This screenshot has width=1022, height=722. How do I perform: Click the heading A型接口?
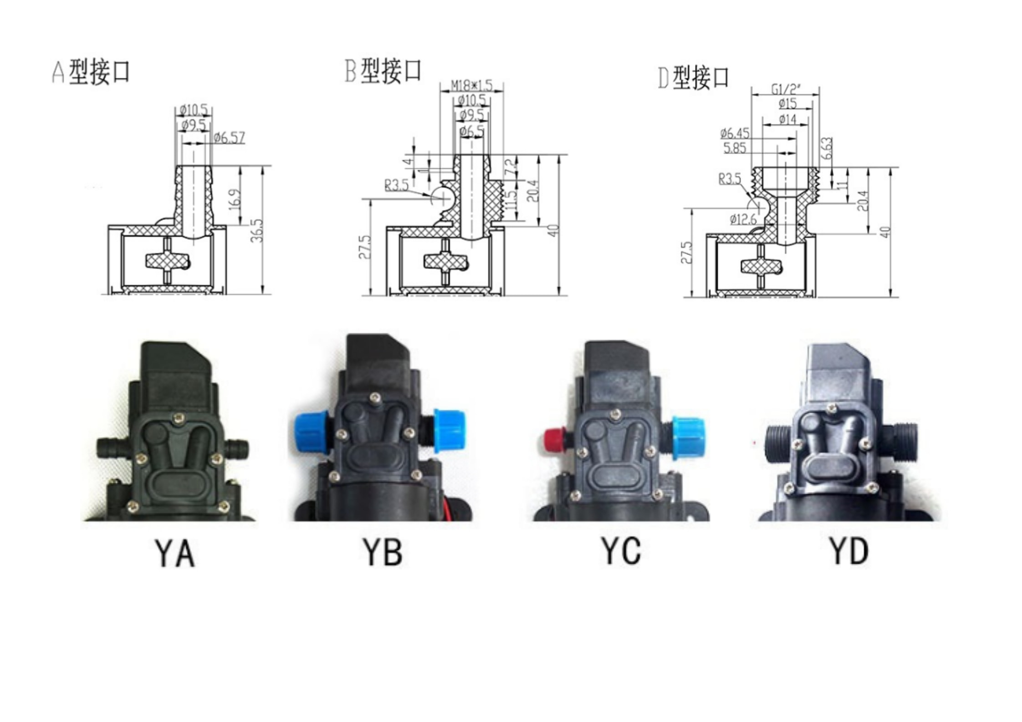point(91,72)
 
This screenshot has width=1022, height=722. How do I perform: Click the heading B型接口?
point(383,71)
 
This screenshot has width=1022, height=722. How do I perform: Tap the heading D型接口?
point(693,77)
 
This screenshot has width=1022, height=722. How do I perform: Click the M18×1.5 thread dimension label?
point(471,85)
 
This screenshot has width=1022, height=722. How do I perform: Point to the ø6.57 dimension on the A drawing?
point(230,137)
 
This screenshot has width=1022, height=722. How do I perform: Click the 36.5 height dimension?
point(257,230)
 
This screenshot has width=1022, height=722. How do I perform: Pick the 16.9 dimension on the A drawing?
point(235,199)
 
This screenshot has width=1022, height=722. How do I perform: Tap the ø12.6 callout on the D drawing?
point(743,219)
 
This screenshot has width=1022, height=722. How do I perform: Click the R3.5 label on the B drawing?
point(396,185)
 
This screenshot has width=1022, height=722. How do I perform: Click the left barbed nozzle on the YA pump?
point(113,447)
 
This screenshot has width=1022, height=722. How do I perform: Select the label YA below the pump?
point(175,553)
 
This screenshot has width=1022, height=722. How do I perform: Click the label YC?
point(621,551)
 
